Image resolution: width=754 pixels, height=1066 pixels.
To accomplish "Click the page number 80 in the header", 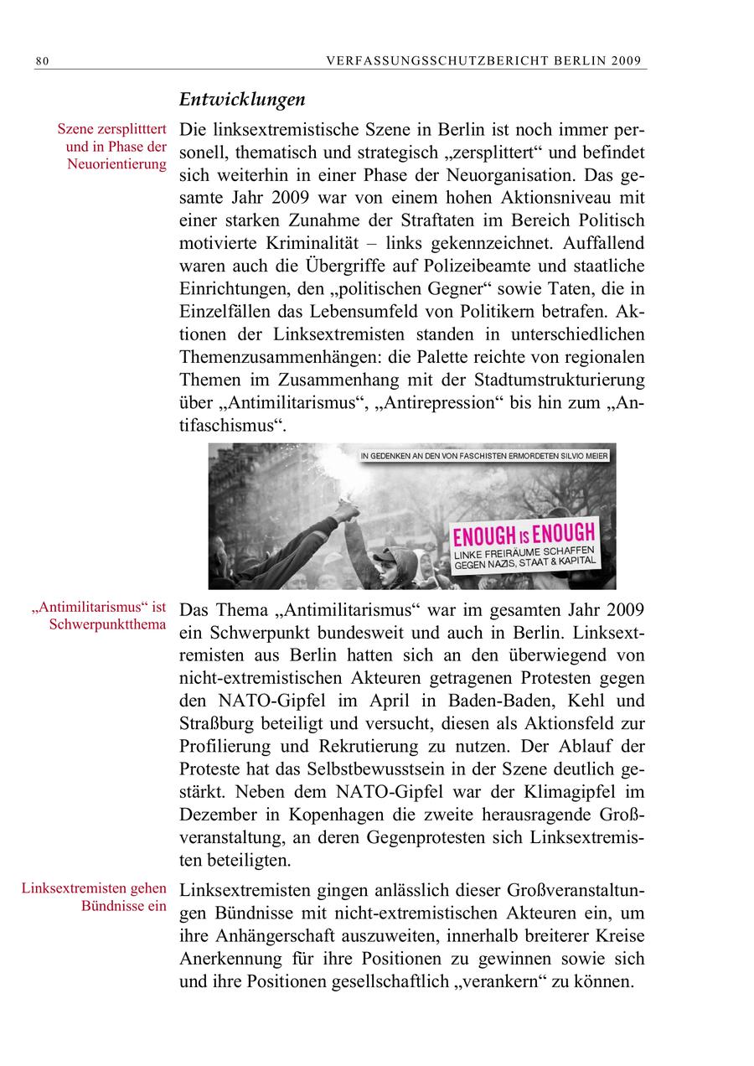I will [42, 60].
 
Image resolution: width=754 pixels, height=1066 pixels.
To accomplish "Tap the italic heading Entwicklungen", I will [242, 100].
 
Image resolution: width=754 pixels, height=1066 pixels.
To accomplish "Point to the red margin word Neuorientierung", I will [117, 163].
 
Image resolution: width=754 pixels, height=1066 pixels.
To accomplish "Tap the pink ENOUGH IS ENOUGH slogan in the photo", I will [524, 534].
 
